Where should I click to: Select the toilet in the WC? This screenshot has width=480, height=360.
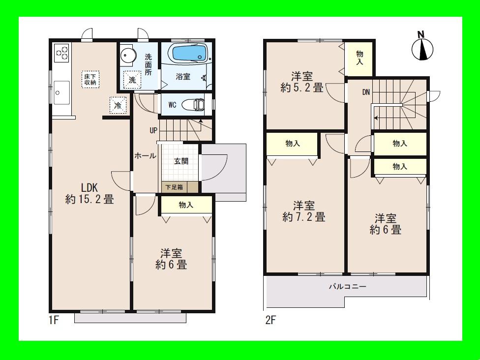coord(194,105)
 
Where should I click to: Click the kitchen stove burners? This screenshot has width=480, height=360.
coord(62,53)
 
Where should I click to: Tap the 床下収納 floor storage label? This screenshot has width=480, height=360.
coord(91,79)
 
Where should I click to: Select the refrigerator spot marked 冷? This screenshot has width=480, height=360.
coord(118,105)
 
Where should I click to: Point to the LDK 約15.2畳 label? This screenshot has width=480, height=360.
coord(90,193)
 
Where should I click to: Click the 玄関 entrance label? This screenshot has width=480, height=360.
coord(181,161)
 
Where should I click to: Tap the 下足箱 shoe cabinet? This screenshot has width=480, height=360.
coord(174,187)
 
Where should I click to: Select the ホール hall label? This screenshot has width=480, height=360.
coord(146,156)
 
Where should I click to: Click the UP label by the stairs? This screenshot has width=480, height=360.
coord(154,131)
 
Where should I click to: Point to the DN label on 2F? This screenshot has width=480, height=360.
coord(366,91)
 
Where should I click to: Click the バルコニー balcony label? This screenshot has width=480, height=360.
coord(347,286)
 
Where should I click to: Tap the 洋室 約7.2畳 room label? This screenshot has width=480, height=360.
coord(303,211)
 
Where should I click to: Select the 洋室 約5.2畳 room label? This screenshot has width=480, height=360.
coord(302,82)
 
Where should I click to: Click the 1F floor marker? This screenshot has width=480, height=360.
coord(54,321)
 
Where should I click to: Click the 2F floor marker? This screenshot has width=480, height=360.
coord(270,321)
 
